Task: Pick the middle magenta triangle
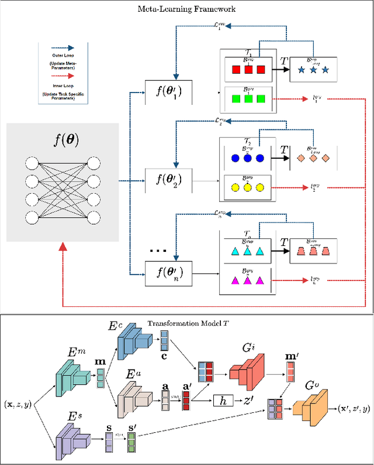point(247,281)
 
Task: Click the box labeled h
point(223,401)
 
